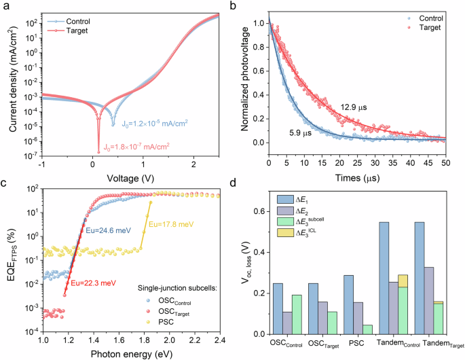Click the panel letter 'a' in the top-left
tap(5, 6)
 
